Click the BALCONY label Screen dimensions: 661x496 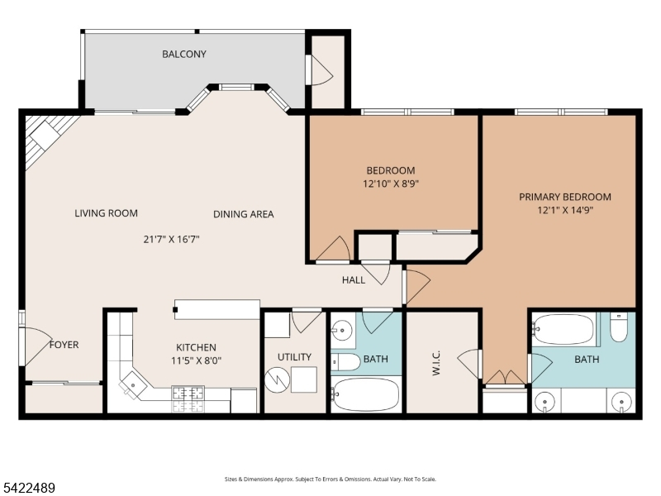tap(184, 54)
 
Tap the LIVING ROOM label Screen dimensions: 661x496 tap(107, 213)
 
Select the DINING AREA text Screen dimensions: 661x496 tap(244, 214)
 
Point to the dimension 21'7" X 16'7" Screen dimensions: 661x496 tap(171, 240)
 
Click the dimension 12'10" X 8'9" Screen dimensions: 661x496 tap(391, 184)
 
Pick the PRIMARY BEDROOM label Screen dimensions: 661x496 tap(565, 197)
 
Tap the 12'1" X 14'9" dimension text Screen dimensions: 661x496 tap(565, 210)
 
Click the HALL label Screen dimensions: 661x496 tap(354, 280)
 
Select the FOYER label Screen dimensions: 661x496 tap(64, 345)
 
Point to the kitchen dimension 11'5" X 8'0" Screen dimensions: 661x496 tap(197, 360)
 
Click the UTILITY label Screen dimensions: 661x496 tap(295, 357)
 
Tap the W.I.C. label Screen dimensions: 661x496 tap(436, 363)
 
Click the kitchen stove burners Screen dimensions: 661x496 tap(188, 399)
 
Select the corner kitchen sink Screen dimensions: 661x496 tap(133, 385)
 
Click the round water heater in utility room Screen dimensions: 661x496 tap(277, 379)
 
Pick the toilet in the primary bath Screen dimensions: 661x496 tap(619, 327)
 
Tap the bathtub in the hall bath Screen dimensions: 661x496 tap(365, 395)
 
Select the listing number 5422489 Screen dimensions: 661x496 tap(27, 488)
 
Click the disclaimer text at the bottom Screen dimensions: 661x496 tap(330, 479)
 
